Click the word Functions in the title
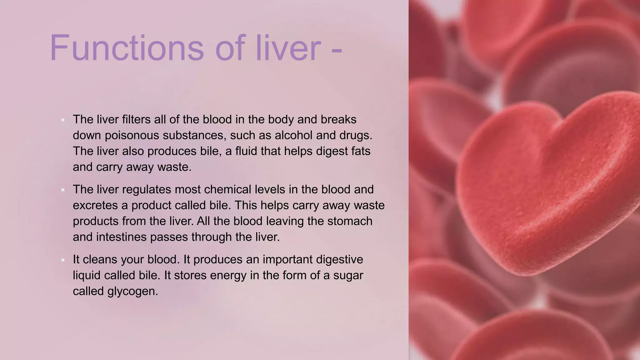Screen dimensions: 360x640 tap(127, 48)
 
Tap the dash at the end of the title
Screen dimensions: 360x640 tap(336, 50)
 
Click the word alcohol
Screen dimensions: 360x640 tap(293, 135)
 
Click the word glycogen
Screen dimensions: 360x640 tap(132, 291)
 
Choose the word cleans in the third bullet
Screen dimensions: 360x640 tap(100, 259)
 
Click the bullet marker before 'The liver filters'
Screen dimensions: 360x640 tap(63, 120)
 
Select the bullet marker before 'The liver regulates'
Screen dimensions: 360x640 tap(63, 190)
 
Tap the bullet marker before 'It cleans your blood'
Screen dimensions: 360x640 tap(63, 260)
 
